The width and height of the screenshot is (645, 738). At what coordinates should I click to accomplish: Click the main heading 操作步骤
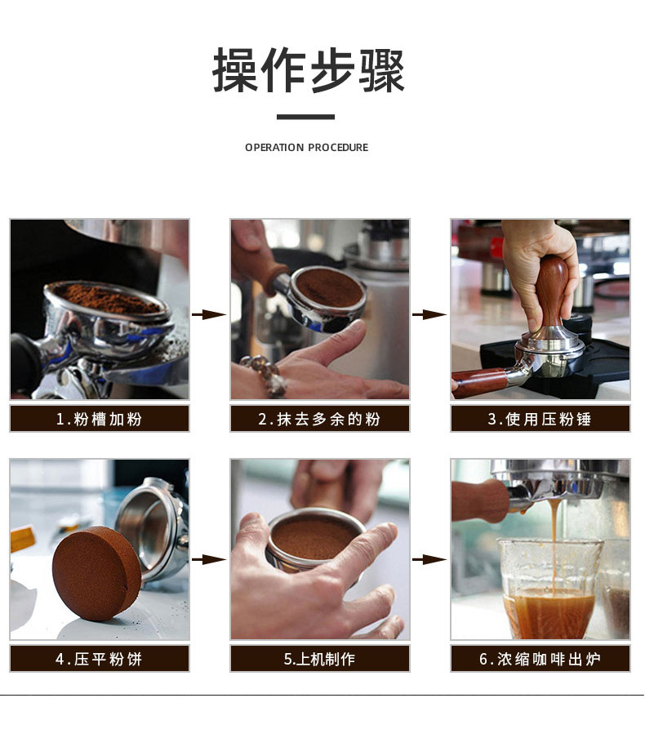coord(309,71)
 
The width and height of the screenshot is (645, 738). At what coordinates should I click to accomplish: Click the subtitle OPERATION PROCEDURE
coord(306,148)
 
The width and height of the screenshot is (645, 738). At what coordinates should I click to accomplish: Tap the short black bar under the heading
coord(305,117)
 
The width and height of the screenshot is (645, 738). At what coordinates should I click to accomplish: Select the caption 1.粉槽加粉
coord(100,419)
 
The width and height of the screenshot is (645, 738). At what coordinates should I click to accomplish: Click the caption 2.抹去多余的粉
coord(320,419)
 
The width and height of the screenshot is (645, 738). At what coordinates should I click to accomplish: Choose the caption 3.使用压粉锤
coord(540,419)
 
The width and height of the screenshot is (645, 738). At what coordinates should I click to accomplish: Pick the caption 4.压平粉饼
coord(100,659)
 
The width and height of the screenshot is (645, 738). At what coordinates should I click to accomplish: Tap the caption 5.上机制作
coord(320,659)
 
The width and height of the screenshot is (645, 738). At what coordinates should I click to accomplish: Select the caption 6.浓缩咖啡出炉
coord(540,659)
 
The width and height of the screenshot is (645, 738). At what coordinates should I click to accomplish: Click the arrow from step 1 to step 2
coord(209,314)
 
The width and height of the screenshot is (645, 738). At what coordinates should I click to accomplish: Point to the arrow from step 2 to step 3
coord(429,314)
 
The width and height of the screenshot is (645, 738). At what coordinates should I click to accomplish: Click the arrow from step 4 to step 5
coord(209,559)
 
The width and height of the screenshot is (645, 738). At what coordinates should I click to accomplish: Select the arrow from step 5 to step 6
coord(429,559)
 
